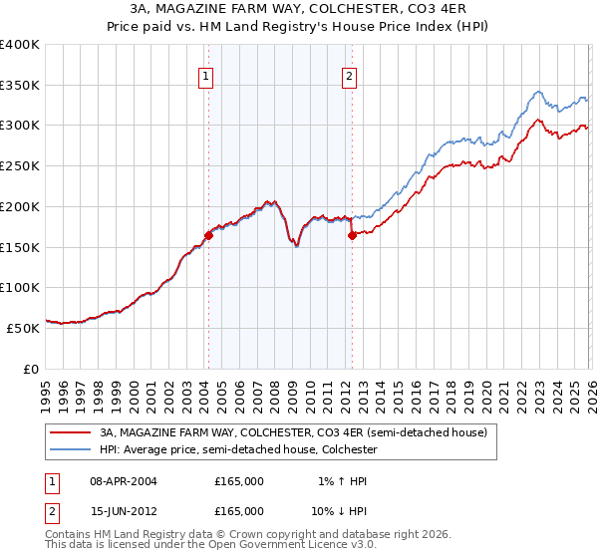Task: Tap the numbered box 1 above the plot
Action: coord(206,75)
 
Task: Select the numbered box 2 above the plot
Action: coord(350,75)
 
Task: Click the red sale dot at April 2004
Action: coord(208,235)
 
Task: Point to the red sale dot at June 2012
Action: coord(352,235)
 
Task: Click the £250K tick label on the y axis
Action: coord(20,165)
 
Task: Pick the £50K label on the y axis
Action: coord(23,327)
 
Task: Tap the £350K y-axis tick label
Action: coord(20,85)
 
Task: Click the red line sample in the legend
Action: coord(71,433)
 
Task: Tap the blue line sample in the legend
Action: coord(71,449)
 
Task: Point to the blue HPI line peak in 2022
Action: coord(537,92)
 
